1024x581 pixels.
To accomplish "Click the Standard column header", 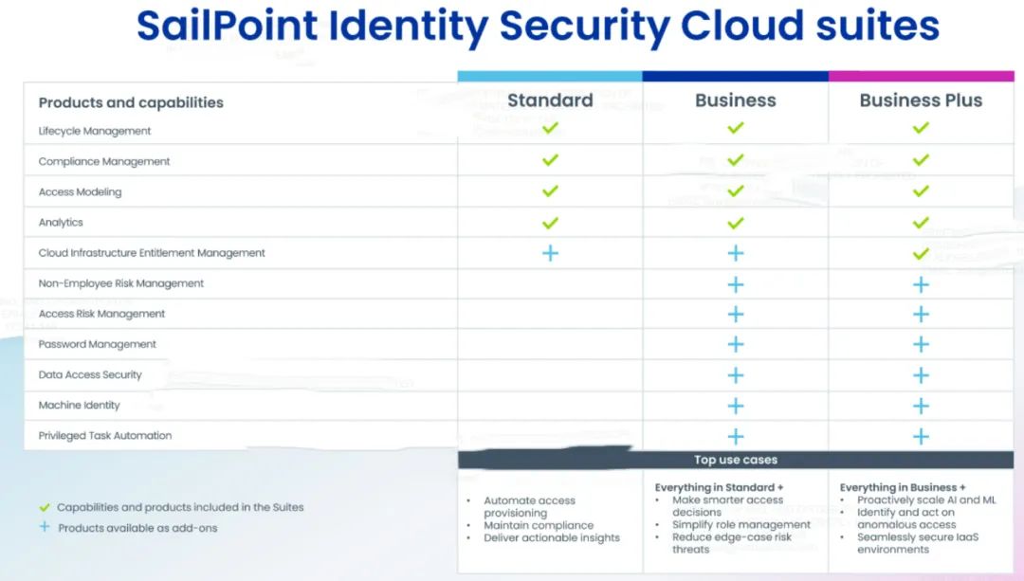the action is [550, 100].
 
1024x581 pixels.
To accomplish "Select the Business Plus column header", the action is [921, 100].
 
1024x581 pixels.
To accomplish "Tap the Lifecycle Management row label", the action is [95, 131].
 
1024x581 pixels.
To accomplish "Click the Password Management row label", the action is [98, 344].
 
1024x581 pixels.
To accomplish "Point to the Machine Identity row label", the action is [80, 405].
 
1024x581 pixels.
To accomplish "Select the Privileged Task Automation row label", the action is [105, 436].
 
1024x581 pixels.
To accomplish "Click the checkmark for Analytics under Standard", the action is [550, 223].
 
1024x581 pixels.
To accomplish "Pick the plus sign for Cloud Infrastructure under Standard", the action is [550, 253].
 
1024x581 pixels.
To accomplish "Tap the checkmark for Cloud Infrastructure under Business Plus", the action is [921, 253].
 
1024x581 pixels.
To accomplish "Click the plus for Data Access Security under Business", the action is [735, 375].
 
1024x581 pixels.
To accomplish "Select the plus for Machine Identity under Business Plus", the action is [921, 406].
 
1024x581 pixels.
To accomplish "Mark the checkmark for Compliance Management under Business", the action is [735, 161].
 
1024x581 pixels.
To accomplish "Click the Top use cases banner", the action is [736, 461].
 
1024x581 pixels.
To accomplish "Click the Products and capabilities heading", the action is [131, 102].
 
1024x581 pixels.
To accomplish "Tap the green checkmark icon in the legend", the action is [45, 507].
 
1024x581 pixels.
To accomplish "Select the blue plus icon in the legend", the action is [45, 527].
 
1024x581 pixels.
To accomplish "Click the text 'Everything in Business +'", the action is [903, 487].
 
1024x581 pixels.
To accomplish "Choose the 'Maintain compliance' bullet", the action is [539, 525].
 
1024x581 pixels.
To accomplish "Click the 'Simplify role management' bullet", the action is [741, 524].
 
